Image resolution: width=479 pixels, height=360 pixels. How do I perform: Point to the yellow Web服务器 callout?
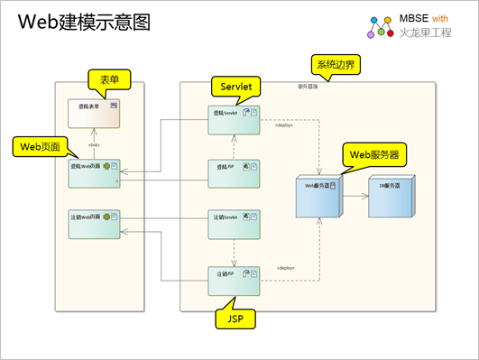click(375, 154)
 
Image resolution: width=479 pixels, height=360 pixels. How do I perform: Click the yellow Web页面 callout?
click(41, 144)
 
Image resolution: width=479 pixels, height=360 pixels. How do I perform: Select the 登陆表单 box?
click(94, 117)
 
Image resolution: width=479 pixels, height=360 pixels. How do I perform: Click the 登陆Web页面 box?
click(94, 171)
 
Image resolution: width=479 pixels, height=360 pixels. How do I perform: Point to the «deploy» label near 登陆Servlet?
click(287, 114)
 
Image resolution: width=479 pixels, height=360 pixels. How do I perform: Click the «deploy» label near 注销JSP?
click(287, 268)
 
